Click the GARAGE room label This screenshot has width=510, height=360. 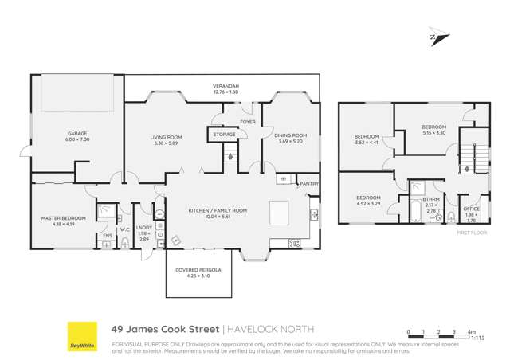[x=77, y=134]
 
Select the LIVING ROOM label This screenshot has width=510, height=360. [x=167, y=138]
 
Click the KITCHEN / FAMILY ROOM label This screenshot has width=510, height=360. [x=218, y=210]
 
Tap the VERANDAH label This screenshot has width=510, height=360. [x=226, y=85]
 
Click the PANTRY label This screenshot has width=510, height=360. [x=309, y=185]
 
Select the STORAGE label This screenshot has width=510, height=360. [x=224, y=135]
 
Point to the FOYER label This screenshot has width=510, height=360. [x=249, y=122]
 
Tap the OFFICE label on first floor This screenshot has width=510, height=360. [x=471, y=208]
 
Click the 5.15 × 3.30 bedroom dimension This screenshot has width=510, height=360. [x=433, y=132]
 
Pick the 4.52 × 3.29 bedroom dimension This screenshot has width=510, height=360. [x=367, y=203]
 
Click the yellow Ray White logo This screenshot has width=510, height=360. [x=80, y=335]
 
